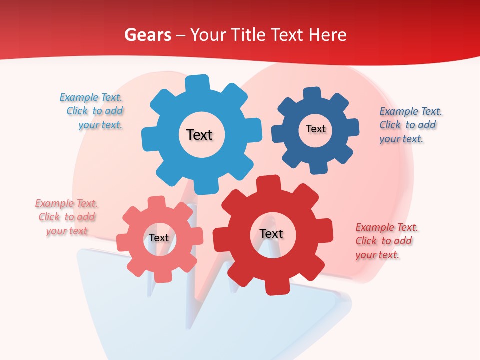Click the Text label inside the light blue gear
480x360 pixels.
point(199,135)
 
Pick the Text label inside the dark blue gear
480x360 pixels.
point(315,129)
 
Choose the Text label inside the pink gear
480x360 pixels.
point(159,238)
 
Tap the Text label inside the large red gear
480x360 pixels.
point(271,234)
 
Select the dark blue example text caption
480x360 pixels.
point(410,125)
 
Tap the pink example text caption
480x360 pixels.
point(66,217)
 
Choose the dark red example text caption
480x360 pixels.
point(386,241)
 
